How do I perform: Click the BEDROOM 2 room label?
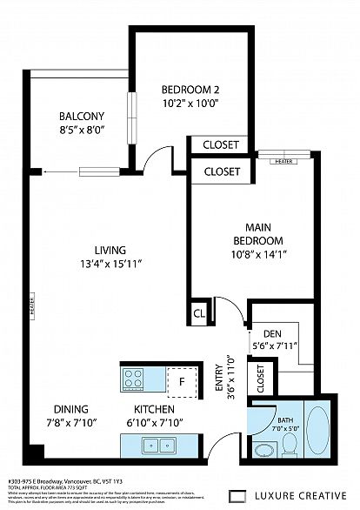coord(190,88)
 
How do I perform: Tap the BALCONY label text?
coord(82,117)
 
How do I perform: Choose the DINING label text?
coord(71,409)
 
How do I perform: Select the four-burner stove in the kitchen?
coord(133,379)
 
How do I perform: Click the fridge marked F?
coord(182,380)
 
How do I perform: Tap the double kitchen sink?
coord(163,446)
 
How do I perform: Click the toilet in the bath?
coord(290,445)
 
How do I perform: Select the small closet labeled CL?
coord(199,312)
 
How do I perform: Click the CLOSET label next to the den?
coord(260,376)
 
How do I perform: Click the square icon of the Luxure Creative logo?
coord(235,497)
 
